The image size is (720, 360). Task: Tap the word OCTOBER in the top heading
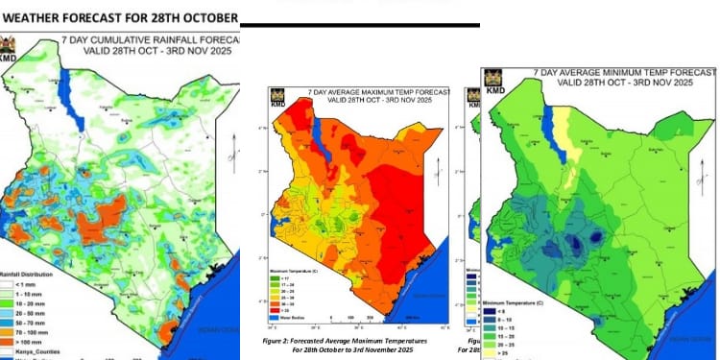click(x=204, y=18)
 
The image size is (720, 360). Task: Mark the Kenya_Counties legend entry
click(x=29, y=352)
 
